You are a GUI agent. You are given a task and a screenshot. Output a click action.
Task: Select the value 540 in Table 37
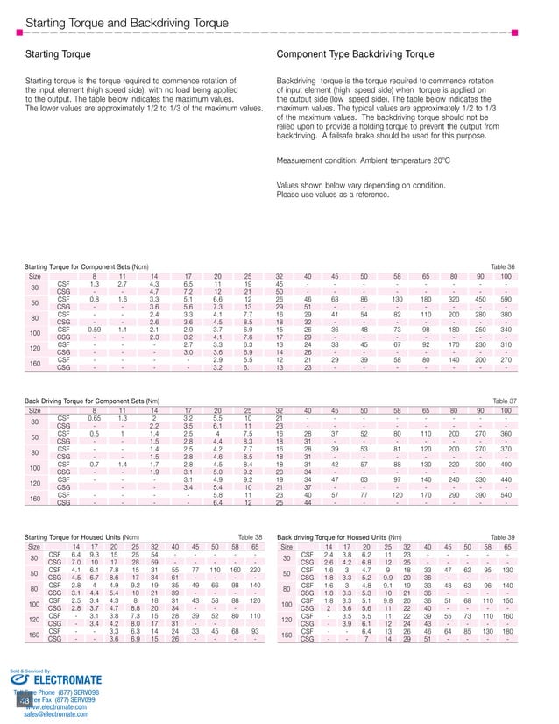pos(506,493)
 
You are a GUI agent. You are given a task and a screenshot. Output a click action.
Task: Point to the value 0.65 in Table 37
pos(94,418)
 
